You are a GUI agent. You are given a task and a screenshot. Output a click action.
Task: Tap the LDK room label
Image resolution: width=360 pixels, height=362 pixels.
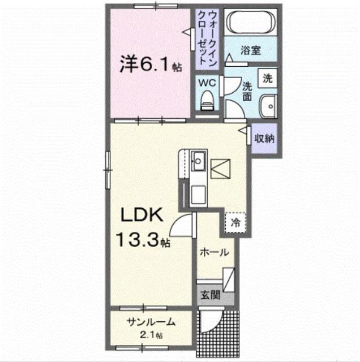pyautogui.click(x=142, y=215)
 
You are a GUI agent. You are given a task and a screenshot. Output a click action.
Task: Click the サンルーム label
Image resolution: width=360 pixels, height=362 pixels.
pyautogui.click(x=151, y=323)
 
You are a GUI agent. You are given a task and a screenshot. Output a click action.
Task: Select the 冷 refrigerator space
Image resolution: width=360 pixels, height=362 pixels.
pyautogui.click(x=234, y=222)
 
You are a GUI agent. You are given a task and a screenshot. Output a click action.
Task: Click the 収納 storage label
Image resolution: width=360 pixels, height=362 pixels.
pyautogui.click(x=264, y=138)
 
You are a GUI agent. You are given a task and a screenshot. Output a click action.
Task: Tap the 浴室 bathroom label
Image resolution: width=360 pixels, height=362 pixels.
pyautogui.click(x=251, y=50)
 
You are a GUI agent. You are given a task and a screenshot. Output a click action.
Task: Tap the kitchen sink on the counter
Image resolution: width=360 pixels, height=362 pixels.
pyautogui.click(x=198, y=162)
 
